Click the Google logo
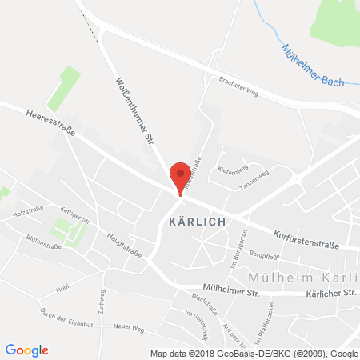click(x=26, y=350)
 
